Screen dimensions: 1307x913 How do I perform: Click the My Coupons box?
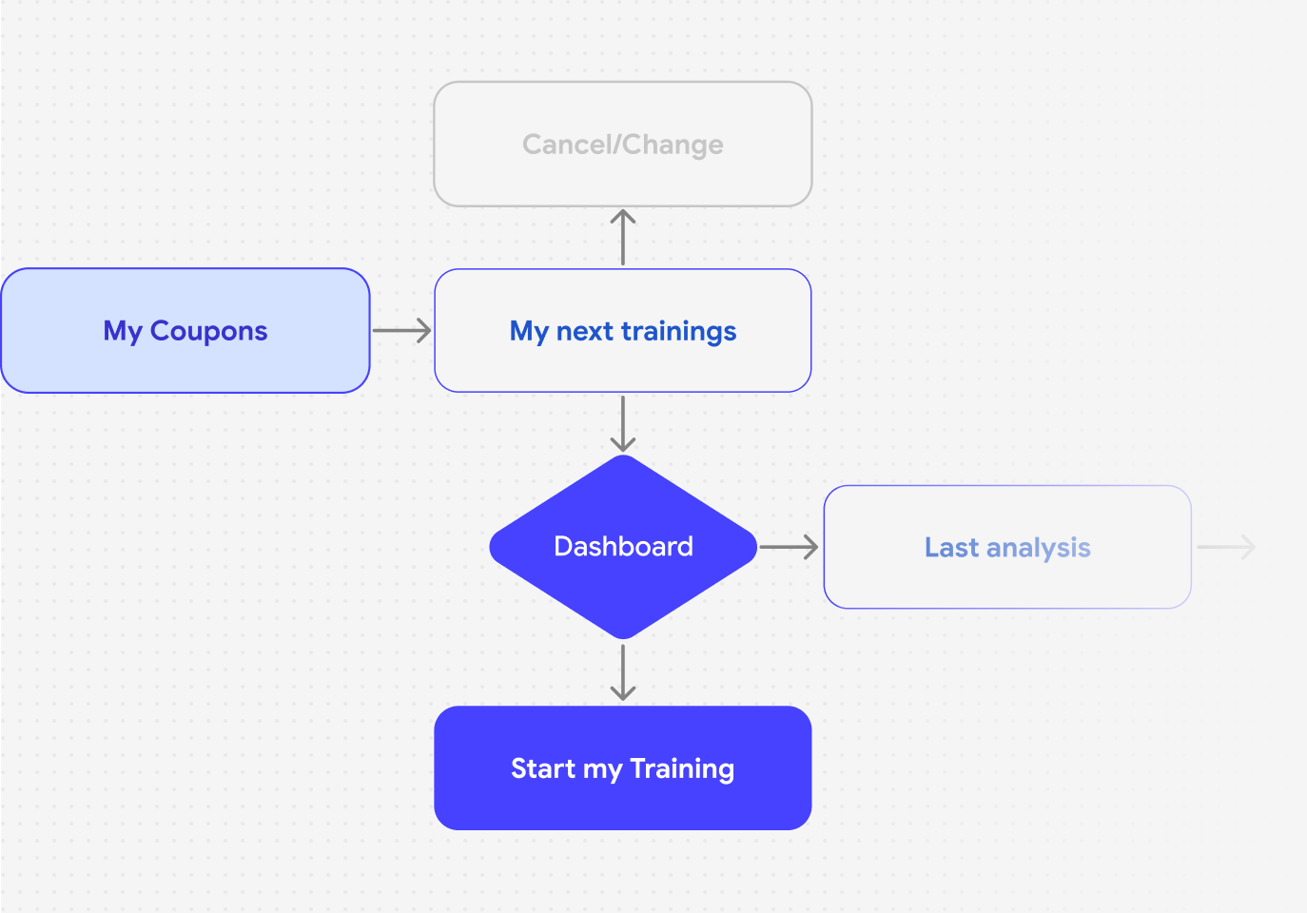tap(185, 330)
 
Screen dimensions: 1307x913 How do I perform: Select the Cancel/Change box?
tap(622, 145)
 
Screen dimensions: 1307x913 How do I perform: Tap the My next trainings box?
tap(622, 330)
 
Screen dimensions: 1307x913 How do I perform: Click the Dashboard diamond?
tap(623, 547)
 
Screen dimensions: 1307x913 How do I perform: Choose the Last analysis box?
tap(1007, 547)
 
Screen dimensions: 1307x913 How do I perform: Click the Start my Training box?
tap(622, 767)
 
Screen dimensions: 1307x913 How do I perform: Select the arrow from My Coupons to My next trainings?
tap(402, 330)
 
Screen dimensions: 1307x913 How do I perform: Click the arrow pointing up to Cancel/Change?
tap(622, 238)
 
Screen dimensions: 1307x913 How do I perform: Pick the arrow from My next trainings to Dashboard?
tap(622, 424)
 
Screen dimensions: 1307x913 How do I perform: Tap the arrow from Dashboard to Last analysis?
tap(789, 547)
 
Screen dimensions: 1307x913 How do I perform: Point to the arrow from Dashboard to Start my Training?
tap(622, 672)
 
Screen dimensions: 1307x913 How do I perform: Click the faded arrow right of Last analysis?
tap(1226, 547)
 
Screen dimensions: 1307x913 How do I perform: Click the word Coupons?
tap(209, 331)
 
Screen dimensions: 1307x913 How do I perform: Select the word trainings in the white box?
tap(678, 331)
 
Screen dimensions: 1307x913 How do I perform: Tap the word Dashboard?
tap(623, 547)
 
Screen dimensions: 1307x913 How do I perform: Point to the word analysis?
tap(1039, 548)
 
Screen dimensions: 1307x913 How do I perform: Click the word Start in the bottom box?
tap(543, 768)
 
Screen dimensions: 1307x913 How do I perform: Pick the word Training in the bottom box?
tap(682, 769)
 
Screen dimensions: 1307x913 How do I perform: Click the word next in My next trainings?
tap(585, 332)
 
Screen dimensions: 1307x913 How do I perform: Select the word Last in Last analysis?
tap(951, 547)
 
